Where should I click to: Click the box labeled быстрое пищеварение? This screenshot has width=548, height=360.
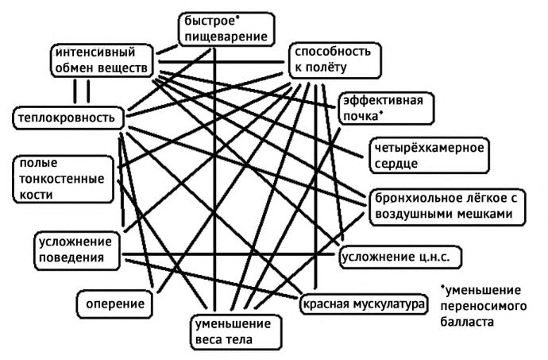pyautogui.click(x=226, y=29)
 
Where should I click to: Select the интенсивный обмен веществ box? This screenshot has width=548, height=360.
pyautogui.click(x=102, y=60)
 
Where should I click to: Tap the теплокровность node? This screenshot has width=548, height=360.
pyautogui.click(x=68, y=118)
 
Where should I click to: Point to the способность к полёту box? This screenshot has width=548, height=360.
pyautogui.click(x=335, y=60)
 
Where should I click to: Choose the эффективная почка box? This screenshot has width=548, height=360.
pyautogui.click(x=386, y=108)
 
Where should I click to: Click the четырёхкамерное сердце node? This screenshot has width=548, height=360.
pyautogui.click(x=429, y=156)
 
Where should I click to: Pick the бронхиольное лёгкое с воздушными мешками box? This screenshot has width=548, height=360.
pyautogui.click(x=447, y=207)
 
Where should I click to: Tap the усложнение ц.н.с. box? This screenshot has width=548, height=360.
pyautogui.click(x=400, y=257)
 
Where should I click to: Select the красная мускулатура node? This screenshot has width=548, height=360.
pyautogui.click(x=364, y=304)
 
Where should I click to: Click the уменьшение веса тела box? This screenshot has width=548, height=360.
pyautogui.click(x=236, y=331)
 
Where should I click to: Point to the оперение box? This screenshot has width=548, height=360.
pyautogui.click(x=115, y=304)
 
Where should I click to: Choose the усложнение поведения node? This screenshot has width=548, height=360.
pyautogui.click(x=77, y=250)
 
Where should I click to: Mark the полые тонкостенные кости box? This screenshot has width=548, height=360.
pyautogui.click(x=63, y=179)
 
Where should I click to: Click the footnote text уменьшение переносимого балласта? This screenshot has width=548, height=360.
pyautogui.click(x=483, y=306)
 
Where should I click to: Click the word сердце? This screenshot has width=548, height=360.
pyautogui.click(x=396, y=164)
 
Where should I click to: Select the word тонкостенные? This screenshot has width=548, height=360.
pyautogui.click(x=61, y=179)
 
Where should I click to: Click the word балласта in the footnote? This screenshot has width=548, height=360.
pyautogui.click(x=467, y=322)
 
